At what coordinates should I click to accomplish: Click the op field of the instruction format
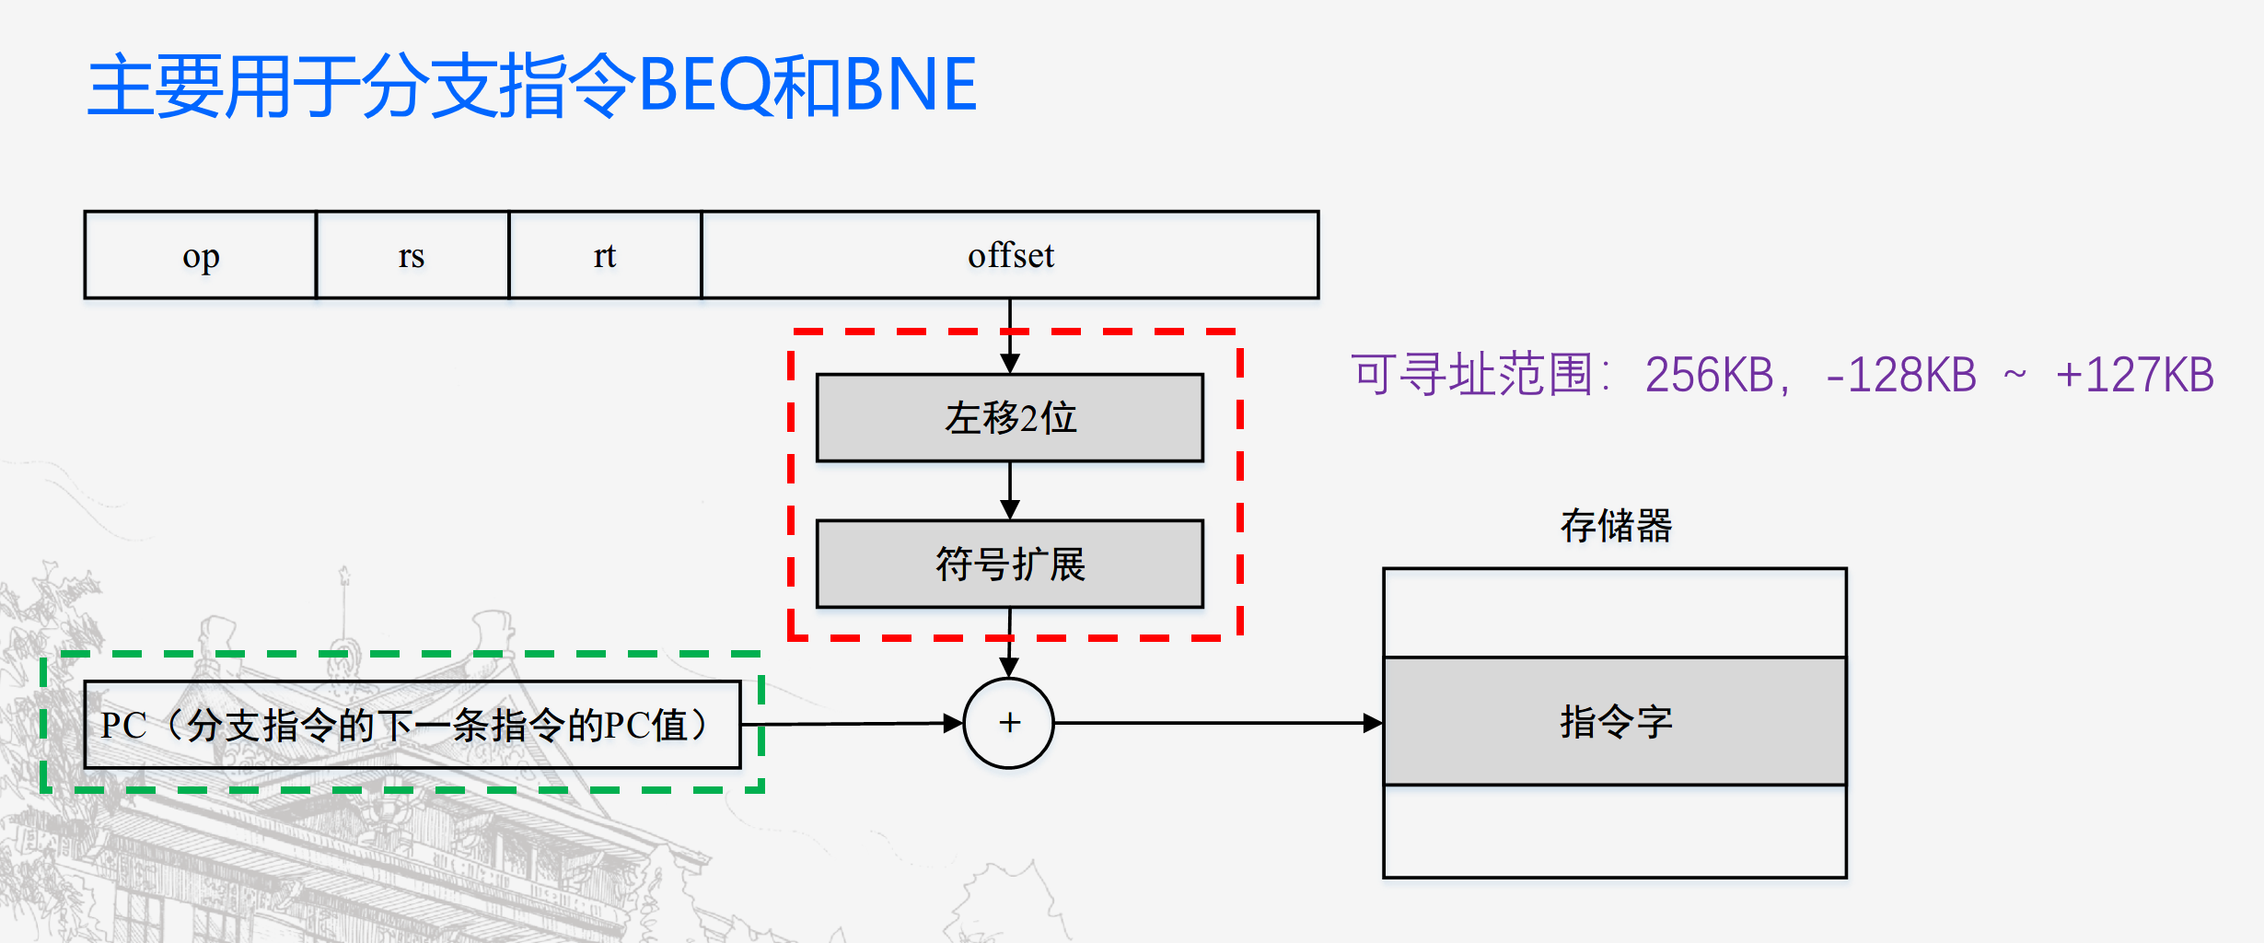(201, 255)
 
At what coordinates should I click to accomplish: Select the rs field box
(412, 255)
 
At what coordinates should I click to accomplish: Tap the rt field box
(605, 255)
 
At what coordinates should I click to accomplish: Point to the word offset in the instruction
(1011, 255)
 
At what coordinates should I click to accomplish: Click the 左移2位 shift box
(1010, 417)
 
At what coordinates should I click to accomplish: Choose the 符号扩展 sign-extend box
(1010, 564)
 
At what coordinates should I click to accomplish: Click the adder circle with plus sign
(1009, 723)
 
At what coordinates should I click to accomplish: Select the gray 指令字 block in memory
(1615, 721)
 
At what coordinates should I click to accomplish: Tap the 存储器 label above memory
(1616, 526)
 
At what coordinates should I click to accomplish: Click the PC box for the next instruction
(412, 725)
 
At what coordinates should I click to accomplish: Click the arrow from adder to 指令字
(1215, 723)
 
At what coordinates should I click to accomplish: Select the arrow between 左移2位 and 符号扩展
(1010, 491)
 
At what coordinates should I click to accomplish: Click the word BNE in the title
(910, 86)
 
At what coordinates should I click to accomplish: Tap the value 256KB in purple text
(1709, 376)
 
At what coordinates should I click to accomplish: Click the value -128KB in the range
(1900, 376)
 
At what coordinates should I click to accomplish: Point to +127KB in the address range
(2134, 376)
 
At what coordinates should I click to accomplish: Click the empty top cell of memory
(1615, 612)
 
